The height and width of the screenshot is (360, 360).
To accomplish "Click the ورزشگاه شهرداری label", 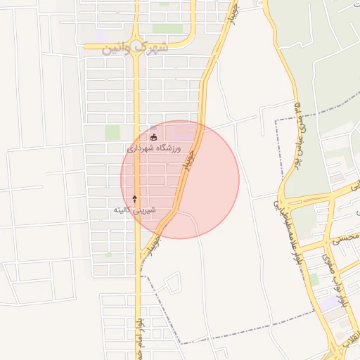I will coord(153,149).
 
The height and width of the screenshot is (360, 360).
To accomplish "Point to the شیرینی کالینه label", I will coord(134,210).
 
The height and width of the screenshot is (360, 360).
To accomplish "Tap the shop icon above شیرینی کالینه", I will coord(134,200).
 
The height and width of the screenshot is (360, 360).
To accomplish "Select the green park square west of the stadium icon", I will coord(112,132).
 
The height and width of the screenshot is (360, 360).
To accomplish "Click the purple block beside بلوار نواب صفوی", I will coord(330,304).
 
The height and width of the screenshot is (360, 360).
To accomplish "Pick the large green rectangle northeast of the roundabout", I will coord(167,29).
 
